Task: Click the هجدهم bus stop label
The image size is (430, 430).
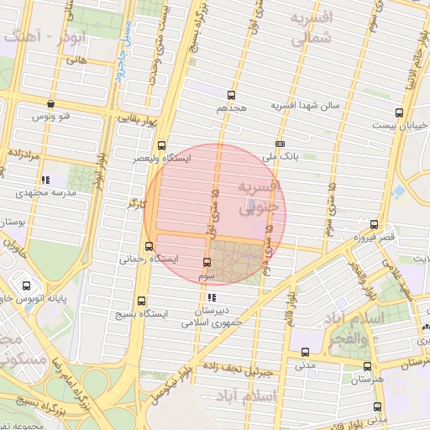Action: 230,108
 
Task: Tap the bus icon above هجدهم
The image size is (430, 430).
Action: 231,95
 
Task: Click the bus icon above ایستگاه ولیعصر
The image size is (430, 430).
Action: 162,144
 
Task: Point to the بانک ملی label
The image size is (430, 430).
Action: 280,155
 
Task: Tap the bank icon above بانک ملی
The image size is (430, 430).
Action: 280,143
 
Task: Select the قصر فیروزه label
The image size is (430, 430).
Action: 374,237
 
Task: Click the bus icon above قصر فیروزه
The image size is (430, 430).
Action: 374,224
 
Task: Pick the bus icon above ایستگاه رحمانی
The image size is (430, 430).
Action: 149,247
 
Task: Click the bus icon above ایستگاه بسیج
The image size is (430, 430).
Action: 140,300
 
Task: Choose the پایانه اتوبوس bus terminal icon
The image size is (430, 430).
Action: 28,285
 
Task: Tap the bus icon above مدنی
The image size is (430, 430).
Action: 304,353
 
